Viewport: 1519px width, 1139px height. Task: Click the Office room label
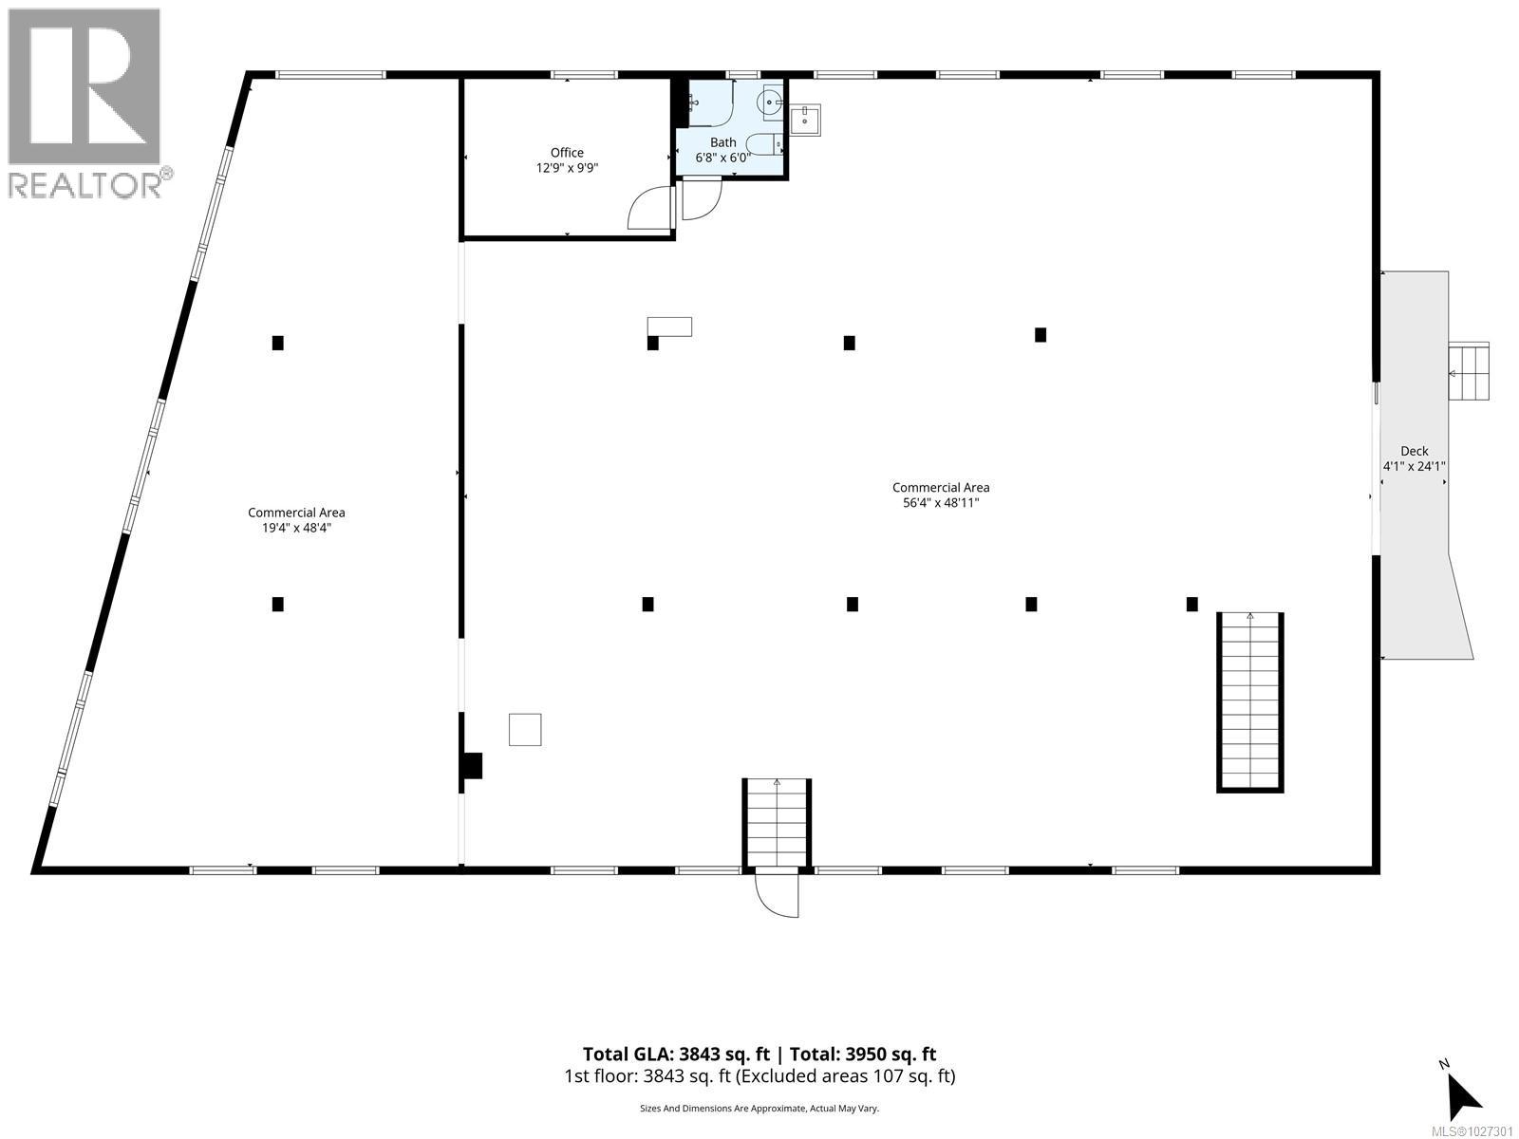[567, 153]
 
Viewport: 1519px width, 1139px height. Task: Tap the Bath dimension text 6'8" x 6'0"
[722, 158]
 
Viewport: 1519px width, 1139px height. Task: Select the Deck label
[1414, 452]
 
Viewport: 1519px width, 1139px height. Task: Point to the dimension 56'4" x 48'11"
[940, 503]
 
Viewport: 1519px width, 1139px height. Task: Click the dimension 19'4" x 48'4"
[296, 528]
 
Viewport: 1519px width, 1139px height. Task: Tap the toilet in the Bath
[763, 144]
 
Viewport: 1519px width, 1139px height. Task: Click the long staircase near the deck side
[1250, 702]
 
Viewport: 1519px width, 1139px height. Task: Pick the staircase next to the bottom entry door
[777, 822]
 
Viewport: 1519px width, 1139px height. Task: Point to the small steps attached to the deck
[1468, 371]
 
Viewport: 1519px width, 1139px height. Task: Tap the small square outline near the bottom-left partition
[525, 730]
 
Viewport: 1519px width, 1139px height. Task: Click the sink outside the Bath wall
[805, 119]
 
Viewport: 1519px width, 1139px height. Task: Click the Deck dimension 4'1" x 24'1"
[1414, 466]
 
